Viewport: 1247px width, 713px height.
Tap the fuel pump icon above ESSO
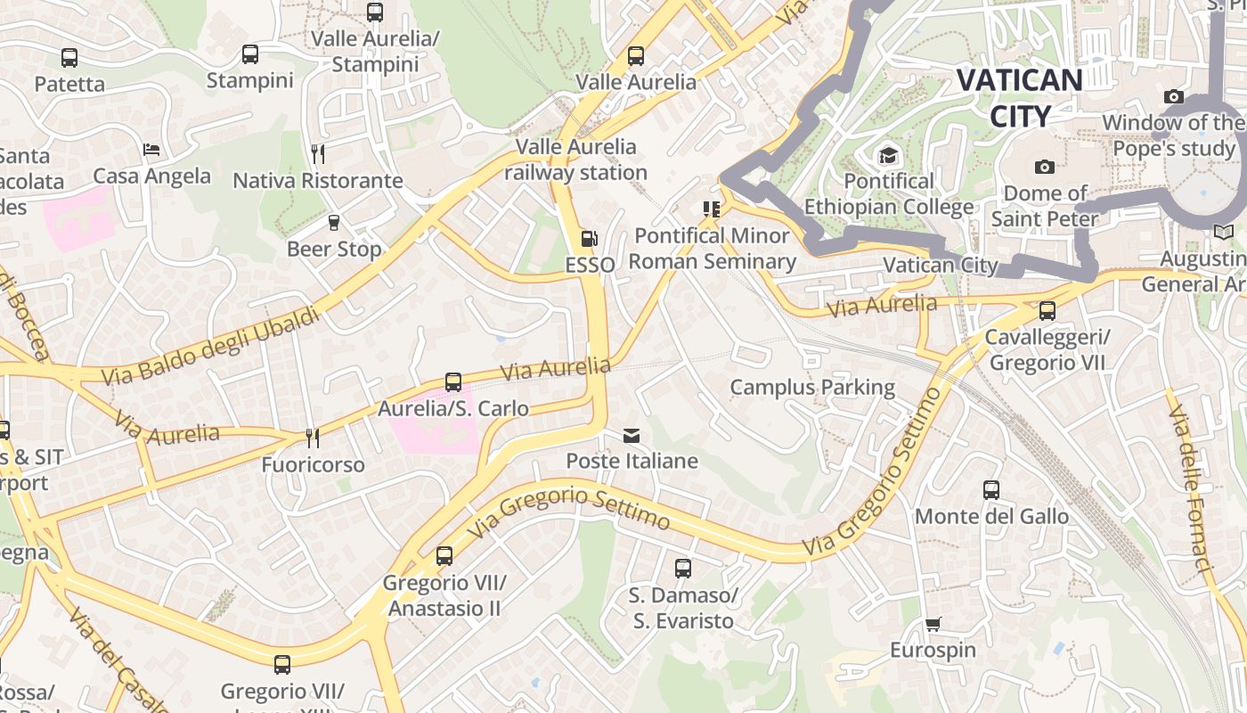pyautogui.click(x=588, y=239)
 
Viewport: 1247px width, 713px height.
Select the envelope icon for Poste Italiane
pyautogui.click(x=632, y=436)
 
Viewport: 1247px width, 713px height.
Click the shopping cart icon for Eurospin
pyautogui.click(x=933, y=624)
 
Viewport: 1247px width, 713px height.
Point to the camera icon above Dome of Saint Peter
pyautogui.click(x=1045, y=167)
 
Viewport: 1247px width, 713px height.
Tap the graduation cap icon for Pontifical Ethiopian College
pyautogui.click(x=888, y=156)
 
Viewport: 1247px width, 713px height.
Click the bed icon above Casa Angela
pyautogui.click(x=151, y=150)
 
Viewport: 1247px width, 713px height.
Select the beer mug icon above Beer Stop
pyautogui.click(x=334, y=223)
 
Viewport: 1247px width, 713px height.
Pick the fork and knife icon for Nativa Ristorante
pyautogui.click(x=318, y=154)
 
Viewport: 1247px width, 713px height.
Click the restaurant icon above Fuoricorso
pyautogui.click(x=313, y=438)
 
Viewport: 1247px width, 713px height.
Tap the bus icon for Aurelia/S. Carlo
pyautogui.click(x=453, y=382)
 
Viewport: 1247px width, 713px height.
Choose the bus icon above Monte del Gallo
pyautogui.click(x=991, y=489)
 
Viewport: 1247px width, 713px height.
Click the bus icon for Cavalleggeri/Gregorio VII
pyautogui.click(x=1047, y=311)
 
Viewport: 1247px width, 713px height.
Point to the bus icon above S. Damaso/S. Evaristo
pyautogui.click(x=683, y=568)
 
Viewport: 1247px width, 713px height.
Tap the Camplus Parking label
pyautogui.click(x=812, y=387)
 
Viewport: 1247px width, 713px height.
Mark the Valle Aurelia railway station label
pyautogui.click(x=576, y=160)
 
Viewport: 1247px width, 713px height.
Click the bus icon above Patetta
pyautogui.click(x=69, y=58)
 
